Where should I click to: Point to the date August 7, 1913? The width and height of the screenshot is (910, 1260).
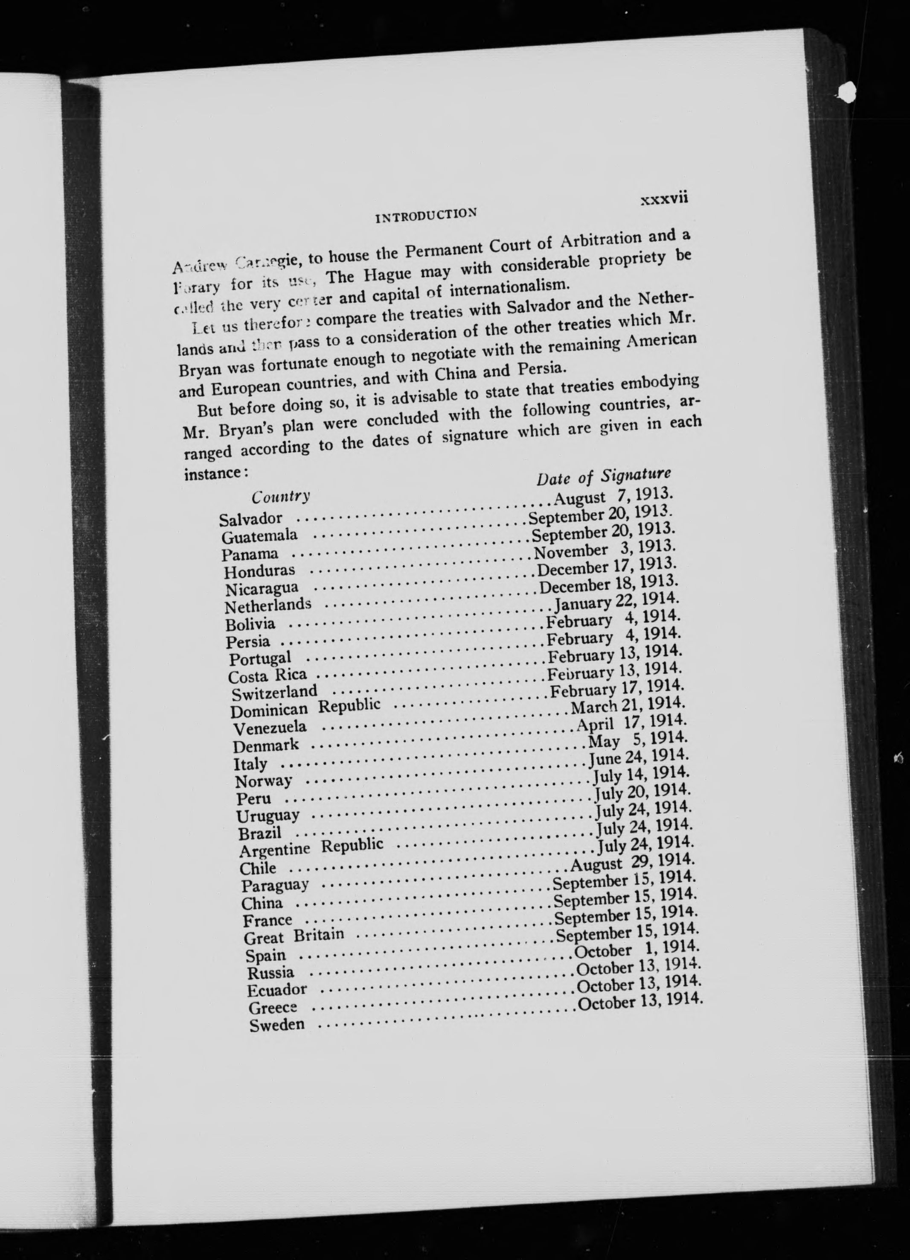click(610, 496)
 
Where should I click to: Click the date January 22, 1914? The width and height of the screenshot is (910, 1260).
click(616, 602)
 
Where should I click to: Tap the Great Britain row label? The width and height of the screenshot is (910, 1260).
click(294, 936)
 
